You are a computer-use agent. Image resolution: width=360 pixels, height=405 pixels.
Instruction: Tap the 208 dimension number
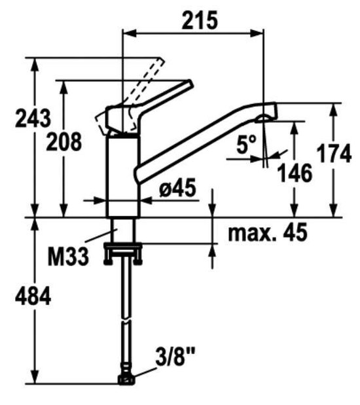[65, 141]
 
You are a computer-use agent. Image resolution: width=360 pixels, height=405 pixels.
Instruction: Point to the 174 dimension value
[334, 154]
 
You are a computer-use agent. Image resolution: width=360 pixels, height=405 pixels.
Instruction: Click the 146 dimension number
[295, 173]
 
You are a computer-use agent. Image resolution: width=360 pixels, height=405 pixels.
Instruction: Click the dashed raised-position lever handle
[147, 82]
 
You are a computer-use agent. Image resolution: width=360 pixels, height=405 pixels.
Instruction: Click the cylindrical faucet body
[123, 173]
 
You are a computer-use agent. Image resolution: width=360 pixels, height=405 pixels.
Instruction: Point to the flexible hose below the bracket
[124, 314]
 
